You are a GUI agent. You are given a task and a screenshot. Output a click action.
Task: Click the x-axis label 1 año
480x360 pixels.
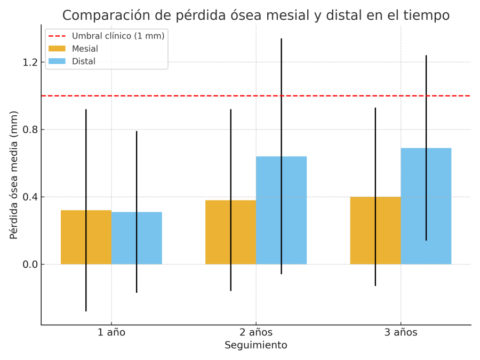click(x=111, y=333)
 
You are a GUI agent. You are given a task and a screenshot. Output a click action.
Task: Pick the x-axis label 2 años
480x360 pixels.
click(x=256, y=333)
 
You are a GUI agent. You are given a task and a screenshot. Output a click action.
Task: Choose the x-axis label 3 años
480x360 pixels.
click(x=401, y=333)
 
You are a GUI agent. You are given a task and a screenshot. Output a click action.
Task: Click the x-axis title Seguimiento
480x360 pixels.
click(x=256, y=346)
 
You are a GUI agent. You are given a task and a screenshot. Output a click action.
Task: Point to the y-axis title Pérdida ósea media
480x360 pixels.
click(x=14, y=175)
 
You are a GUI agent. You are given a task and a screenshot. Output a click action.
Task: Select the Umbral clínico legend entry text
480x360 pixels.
click(x=118, y=36)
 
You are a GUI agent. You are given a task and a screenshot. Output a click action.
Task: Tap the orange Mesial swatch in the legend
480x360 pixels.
click(x=57, y=49)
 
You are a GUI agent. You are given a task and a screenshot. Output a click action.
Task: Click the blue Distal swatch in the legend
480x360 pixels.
click(x=57, y=61)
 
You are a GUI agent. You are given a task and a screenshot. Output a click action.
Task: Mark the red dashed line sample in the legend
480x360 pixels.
click(x=57, y=36)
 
